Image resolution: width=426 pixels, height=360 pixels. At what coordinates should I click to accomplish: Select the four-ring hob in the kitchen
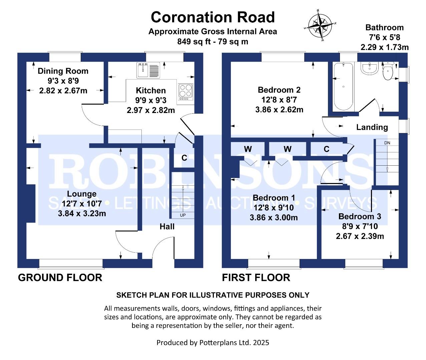click(x=186, y=91)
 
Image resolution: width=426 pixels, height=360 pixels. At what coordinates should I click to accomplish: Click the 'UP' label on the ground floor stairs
click(x=183, y=215)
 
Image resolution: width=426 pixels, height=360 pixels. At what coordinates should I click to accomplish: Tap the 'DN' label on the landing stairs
click(x=387, y=143)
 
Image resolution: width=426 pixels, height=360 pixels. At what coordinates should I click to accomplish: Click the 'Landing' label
click(x=372, y=127)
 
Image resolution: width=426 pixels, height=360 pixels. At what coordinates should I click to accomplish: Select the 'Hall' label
click(x=167, y=227)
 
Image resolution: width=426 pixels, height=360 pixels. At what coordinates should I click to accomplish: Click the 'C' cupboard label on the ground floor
click(x=184, y=158)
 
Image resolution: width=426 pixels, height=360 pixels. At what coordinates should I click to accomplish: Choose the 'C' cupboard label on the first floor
click(x=326, y=149)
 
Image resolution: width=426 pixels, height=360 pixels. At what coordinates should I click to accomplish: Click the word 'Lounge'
click(x=82, y=194)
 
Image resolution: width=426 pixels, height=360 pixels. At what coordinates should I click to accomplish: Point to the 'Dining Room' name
click(x=63, y=71)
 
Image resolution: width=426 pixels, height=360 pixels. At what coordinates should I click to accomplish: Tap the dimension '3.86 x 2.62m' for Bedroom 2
click(x=279, y=110)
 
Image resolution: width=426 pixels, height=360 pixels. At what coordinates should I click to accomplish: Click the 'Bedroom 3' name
click(x=360, y=216)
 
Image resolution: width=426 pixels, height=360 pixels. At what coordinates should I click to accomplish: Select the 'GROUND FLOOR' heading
click(x=60, y=277)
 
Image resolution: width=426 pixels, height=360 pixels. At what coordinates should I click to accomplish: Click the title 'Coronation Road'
click(x=213, y=17)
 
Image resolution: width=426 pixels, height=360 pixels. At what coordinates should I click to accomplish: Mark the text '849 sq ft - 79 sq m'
click(x=213, y=42)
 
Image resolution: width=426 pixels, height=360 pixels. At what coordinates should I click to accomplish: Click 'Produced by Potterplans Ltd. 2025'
click(x=213, y=342)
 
